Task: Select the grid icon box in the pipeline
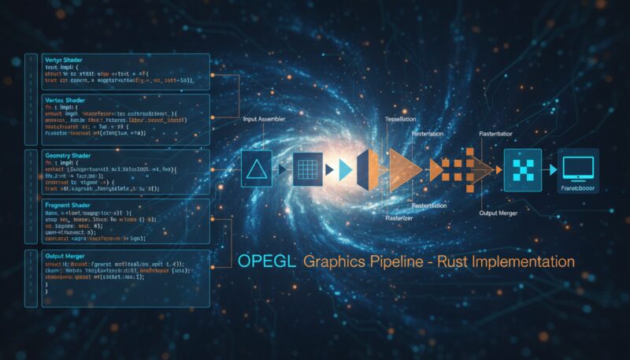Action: (x=308, y=168)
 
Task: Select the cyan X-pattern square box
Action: (x=523, y=168)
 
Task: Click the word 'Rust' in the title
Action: (x=463, y=261)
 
